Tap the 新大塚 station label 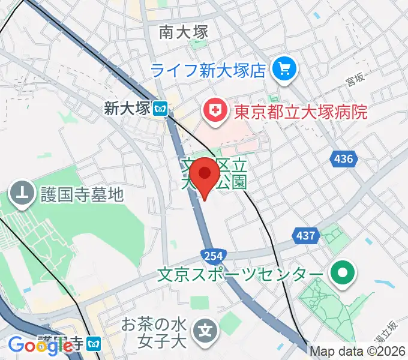(125, 109)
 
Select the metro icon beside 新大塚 (160, 109)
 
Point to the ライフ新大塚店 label (208, 71)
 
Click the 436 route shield (343, 159)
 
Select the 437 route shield (306, 236)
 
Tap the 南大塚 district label (184, 32)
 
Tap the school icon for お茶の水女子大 (206, 330)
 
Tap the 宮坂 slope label (356, 77)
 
